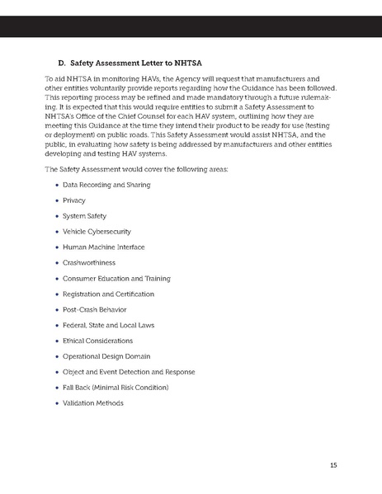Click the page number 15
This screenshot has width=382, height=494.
(x=333, y=465)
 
